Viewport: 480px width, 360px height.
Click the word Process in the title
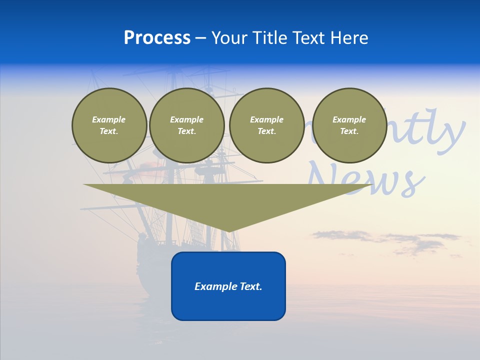pyautogui.click(x=157, y=38)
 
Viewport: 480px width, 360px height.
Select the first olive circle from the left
pyautogui.click(x=109, y=125)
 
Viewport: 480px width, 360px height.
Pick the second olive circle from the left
pyautogui.click(x=186, y=125)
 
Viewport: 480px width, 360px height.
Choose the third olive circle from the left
pyautogui.click(x=266, y=125)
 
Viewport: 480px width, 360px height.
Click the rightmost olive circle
pyautogui.click(x=349, y=125)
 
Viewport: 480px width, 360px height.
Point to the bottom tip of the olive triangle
pyautogui.click(x=229, y=230)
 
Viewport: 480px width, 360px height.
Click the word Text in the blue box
pyautogui.click(x=250, y=286)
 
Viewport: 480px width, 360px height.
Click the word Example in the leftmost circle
pyautogui.click(x=109, y=119)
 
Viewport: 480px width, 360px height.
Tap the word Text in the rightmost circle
pyautogui.click(x=349, y=131)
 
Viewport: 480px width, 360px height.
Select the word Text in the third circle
pyautogui.click(x=266, y=131)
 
